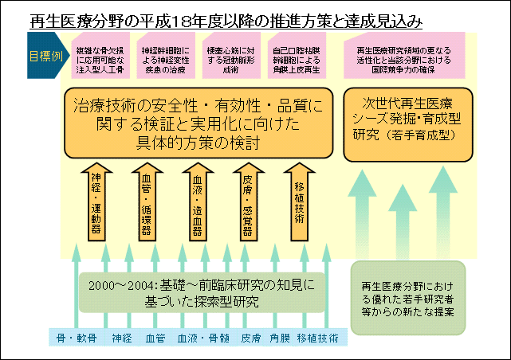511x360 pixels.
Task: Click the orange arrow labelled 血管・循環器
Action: click(x=147, y=202)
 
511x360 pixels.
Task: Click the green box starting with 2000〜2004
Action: click(x=198, y=292)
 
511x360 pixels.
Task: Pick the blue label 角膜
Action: click(x=280, y=338)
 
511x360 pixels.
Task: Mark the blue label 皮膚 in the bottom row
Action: click(x=251, y=338)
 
